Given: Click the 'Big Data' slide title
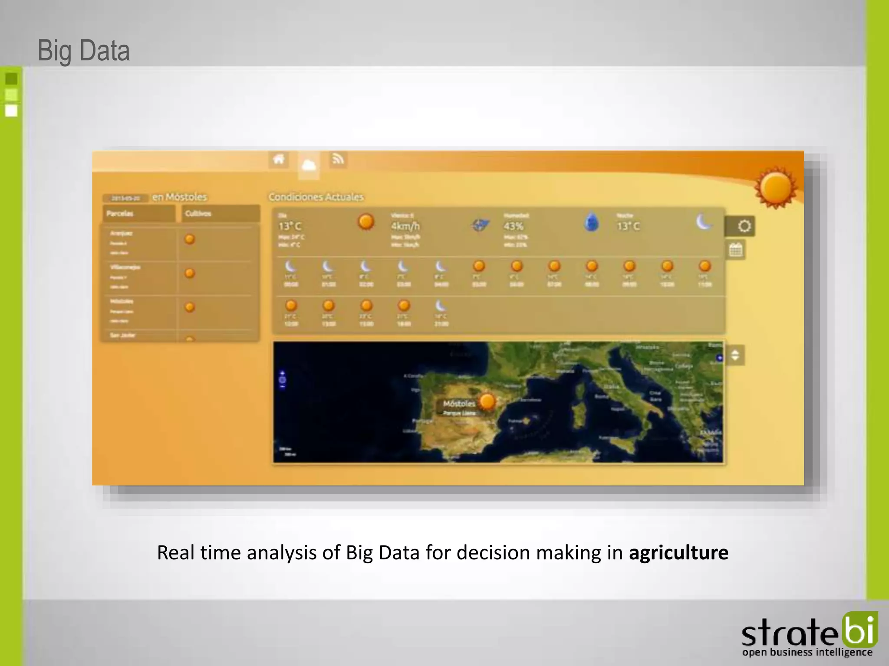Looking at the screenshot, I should [x=84, y=51].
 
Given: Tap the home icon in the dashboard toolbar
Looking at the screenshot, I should [x=279, y=159].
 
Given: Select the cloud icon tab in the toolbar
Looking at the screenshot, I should [x=309, y=165].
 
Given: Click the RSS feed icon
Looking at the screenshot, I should [x=338, y=159].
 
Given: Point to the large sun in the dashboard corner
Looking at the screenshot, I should [x=776, y=189].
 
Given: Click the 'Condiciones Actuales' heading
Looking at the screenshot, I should [x=316, y=197].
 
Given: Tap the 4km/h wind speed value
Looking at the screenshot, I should [x=405, y=226].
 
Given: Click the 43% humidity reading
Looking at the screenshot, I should [x=514, y=226].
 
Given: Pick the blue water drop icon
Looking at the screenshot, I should [x=591, y=222].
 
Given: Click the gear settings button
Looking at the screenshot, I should [x=744, y=226].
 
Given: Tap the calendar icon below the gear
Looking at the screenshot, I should [x=735, y=250].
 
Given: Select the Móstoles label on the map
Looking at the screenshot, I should [x=459, y=404].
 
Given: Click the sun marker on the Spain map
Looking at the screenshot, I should [x=487, y=401].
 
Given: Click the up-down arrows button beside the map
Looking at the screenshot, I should [x=735, y=356].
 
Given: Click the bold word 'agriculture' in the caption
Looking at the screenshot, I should [x=678, y=552].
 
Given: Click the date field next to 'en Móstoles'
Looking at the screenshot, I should [x=125, y=198].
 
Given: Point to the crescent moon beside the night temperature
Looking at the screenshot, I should [x=704, y=222].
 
